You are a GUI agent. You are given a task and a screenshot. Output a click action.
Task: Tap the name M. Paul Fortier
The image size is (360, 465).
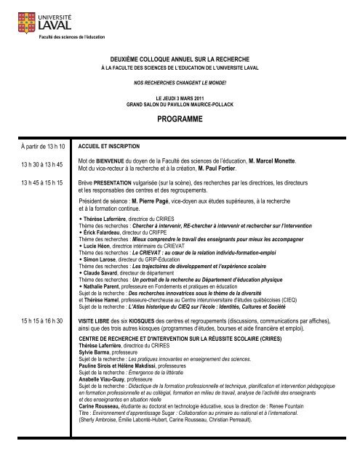228,168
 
